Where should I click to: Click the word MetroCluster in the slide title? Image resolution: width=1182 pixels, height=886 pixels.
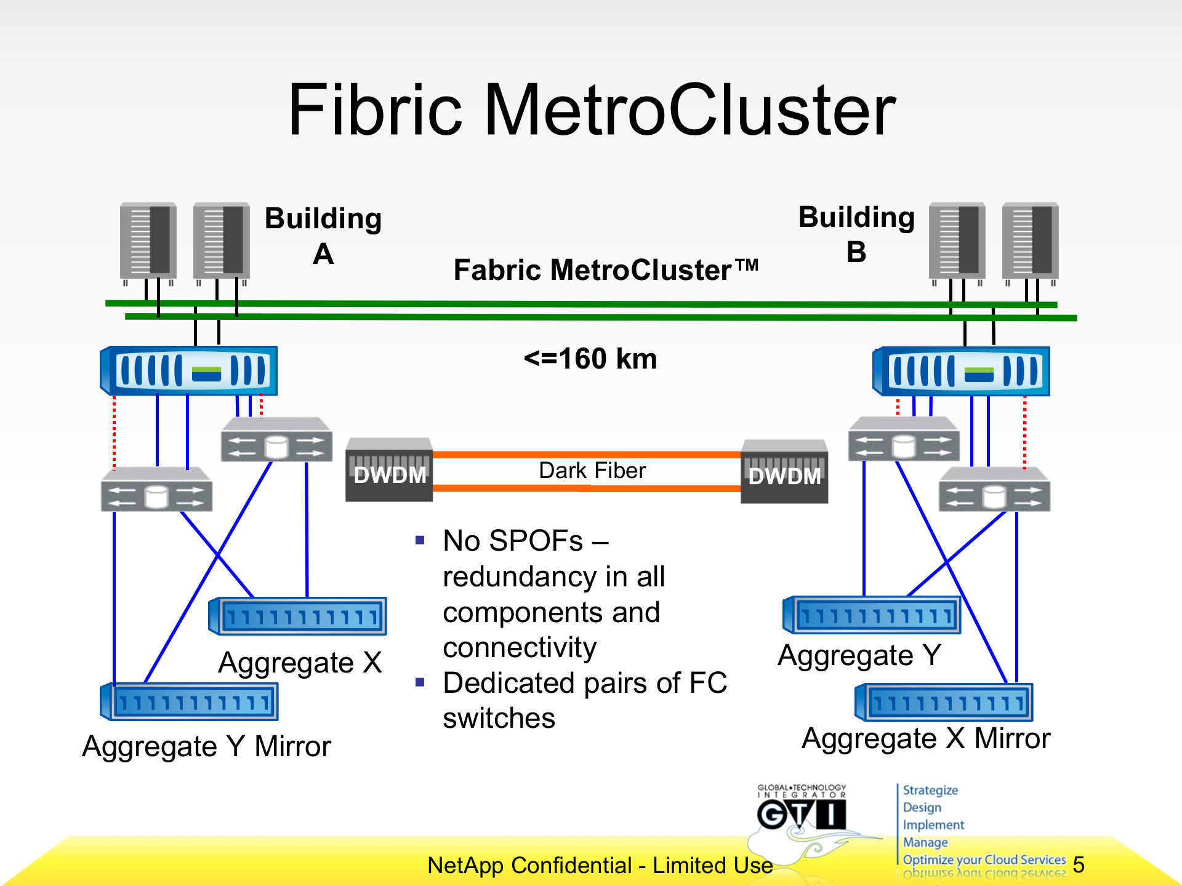tap(689, 111)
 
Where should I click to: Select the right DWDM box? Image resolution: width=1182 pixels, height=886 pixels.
tap(784, 472)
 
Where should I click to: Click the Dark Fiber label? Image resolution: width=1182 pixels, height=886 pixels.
tap(592, 471)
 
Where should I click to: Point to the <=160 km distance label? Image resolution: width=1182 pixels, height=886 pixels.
tap(590, 359)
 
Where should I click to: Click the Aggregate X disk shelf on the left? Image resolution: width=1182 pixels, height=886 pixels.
tap(299, 616)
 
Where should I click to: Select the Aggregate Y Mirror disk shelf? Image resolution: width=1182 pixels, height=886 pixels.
tap(190, 702)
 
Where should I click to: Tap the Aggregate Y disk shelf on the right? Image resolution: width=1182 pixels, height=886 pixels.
tap(872, 615)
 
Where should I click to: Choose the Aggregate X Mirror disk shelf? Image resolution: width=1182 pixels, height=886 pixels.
tap(944, 702)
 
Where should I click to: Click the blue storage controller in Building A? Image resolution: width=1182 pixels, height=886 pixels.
tap(189, 371)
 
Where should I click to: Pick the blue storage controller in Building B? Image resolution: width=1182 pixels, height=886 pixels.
tap(962, 372)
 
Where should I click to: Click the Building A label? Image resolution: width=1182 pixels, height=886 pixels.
tap(323, 236)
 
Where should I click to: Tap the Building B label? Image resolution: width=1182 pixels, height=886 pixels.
tap(856, 234)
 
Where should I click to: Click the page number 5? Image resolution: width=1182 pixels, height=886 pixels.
tap(1079, 864)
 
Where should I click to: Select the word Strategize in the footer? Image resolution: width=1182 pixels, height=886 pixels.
tap(930, 790)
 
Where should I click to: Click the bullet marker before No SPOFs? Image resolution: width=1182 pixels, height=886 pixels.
tap(420, 540)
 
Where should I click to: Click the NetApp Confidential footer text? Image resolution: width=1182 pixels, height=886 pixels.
tap(600, 865)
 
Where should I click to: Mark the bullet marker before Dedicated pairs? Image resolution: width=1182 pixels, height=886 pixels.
tap(420, 682)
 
